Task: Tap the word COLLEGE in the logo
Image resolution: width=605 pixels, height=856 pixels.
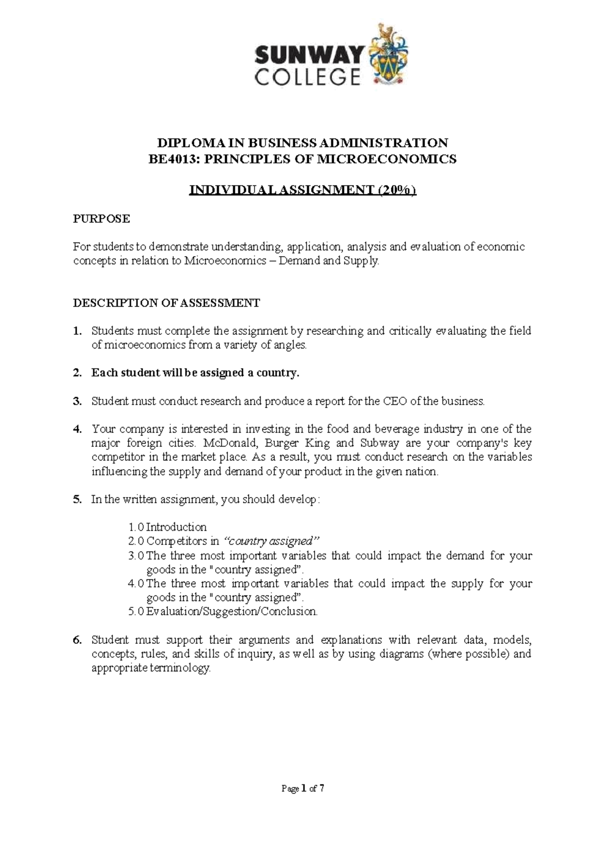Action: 308,77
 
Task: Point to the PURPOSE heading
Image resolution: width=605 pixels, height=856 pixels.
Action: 101,218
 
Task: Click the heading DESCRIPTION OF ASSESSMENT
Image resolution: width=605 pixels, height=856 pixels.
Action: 166,303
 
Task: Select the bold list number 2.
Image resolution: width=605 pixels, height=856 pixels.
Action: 77,373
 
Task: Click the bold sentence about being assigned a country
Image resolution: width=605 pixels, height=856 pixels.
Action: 195,373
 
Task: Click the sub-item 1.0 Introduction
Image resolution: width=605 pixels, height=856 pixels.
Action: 167,527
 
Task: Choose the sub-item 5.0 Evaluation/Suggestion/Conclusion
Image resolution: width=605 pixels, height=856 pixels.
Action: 223,612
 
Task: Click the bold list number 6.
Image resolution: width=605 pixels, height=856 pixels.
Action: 77,640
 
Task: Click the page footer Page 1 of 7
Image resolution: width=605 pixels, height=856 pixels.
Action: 302,789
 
